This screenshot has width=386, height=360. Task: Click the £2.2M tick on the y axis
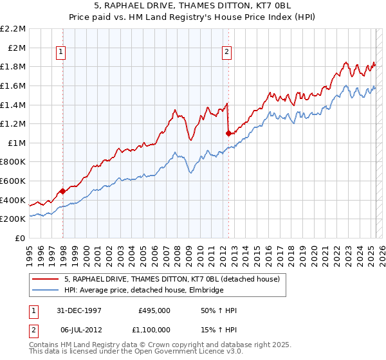[x=13, y=29]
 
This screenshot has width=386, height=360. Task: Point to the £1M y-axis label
[x=17, y=143]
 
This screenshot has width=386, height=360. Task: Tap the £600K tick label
[x=13, y=181]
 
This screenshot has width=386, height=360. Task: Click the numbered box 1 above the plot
[x=60, y=53]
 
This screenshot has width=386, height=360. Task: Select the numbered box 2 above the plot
[x=227, y=53]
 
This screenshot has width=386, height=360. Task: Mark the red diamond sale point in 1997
[x=62, y=191]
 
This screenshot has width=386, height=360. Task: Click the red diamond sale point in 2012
[x=228, y=133]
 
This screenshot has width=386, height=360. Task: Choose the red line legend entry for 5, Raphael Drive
[x=172, y=279]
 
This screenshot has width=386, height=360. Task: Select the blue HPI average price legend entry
[x=143, y=291]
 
